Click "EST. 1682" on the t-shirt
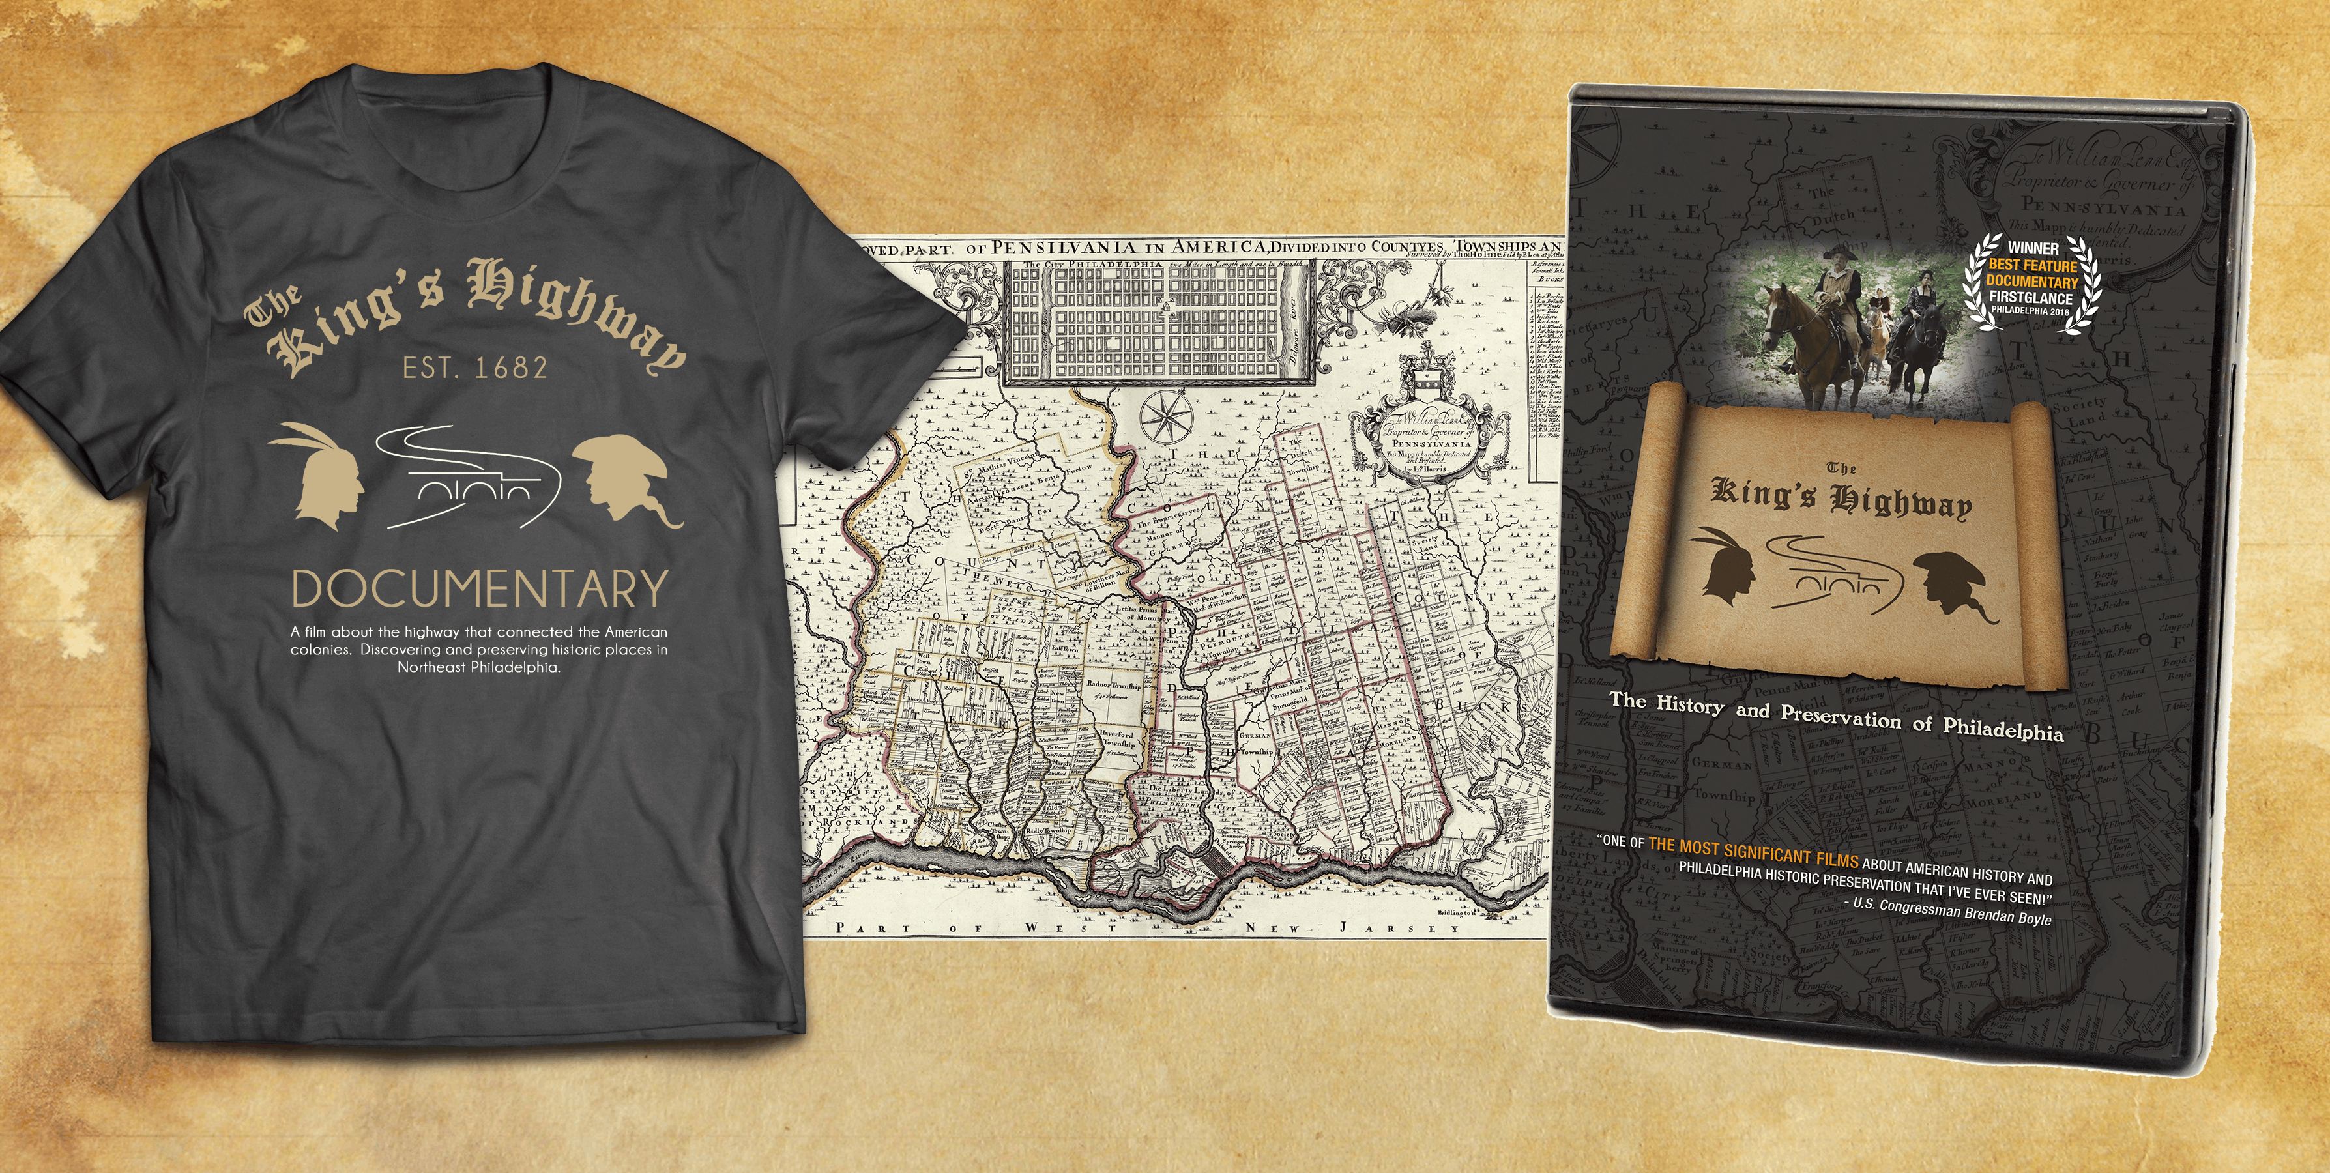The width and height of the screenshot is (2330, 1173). pos(475,367)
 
